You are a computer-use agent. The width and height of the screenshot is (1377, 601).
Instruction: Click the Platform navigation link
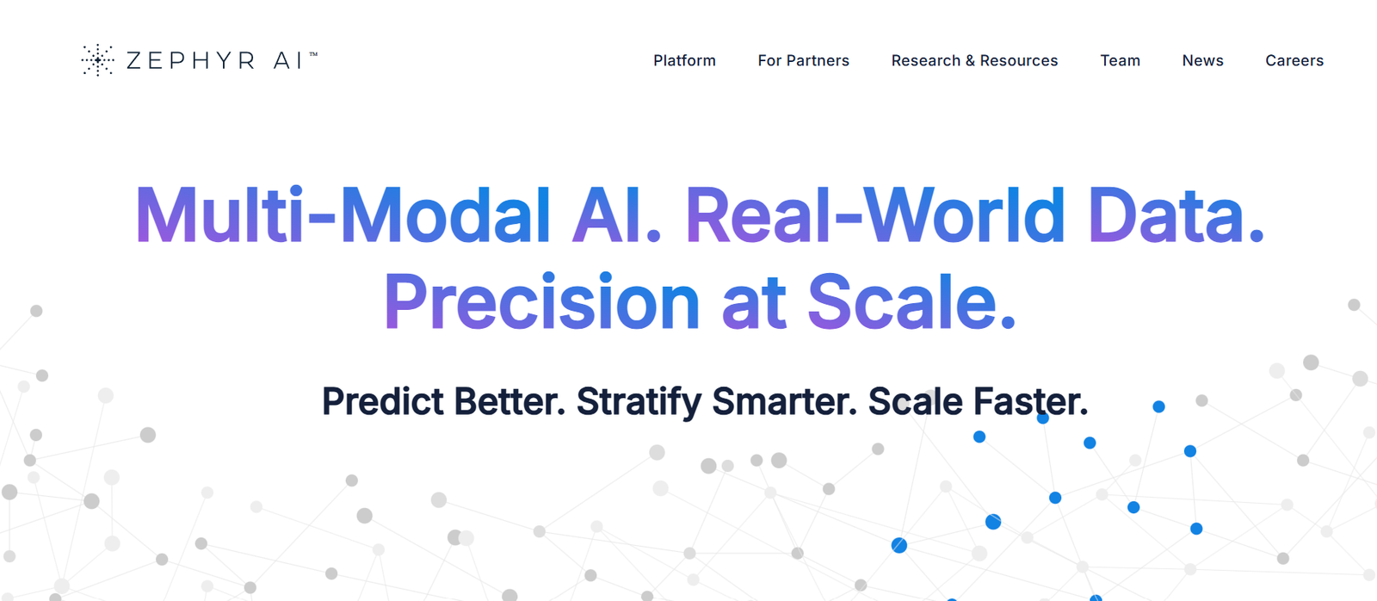tap(684, 60)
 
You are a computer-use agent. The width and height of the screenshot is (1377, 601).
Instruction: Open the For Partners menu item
tap(803, 60)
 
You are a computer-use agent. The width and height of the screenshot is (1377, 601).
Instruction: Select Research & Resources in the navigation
tap(974, 60)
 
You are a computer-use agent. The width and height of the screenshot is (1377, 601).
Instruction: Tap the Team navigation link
tap(1120, 60)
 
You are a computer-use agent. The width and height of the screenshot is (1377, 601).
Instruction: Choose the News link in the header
tap(1202, 60)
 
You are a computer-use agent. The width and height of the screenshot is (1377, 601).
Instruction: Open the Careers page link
tap(1294, 60)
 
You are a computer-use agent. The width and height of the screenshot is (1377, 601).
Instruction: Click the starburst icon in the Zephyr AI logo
tap(98, 60)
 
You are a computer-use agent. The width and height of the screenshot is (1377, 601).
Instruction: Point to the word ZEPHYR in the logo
tap(190, 60)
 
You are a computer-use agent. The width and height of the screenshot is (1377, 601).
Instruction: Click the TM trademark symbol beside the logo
tap(313, 54)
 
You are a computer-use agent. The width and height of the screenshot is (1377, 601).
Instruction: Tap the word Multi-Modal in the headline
tap(342, 215)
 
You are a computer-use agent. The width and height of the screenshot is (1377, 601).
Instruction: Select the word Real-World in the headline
tap(874, 215)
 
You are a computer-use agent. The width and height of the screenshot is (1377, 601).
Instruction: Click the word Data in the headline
tap(1165, 215)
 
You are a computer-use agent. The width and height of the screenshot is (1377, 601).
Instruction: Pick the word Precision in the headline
tap(541, 302)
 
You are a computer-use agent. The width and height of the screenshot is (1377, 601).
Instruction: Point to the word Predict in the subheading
tap(383, 402)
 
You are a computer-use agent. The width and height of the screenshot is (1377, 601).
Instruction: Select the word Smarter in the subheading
tap(779, 402)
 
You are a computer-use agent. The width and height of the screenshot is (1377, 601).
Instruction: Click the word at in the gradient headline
tap(754, 303)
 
